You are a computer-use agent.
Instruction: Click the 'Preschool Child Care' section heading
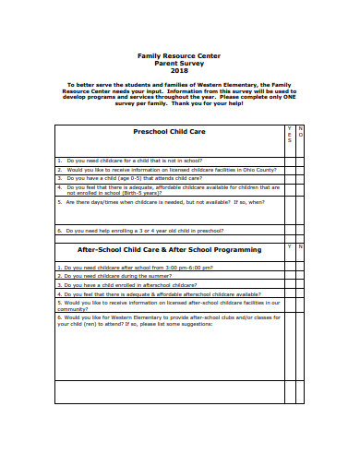coord(169,132)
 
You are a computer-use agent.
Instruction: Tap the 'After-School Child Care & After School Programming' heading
coord(169,249)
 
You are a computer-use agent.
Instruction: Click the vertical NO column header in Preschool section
coord(299,131)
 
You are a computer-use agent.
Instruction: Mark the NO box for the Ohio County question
coord(299,170)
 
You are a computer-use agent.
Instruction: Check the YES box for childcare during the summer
coord(288,276)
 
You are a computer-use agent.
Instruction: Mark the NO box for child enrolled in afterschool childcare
coord(299,285)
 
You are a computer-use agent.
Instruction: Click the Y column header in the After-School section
coord(288,247)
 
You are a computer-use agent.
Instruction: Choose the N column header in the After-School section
coord(299,247)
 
